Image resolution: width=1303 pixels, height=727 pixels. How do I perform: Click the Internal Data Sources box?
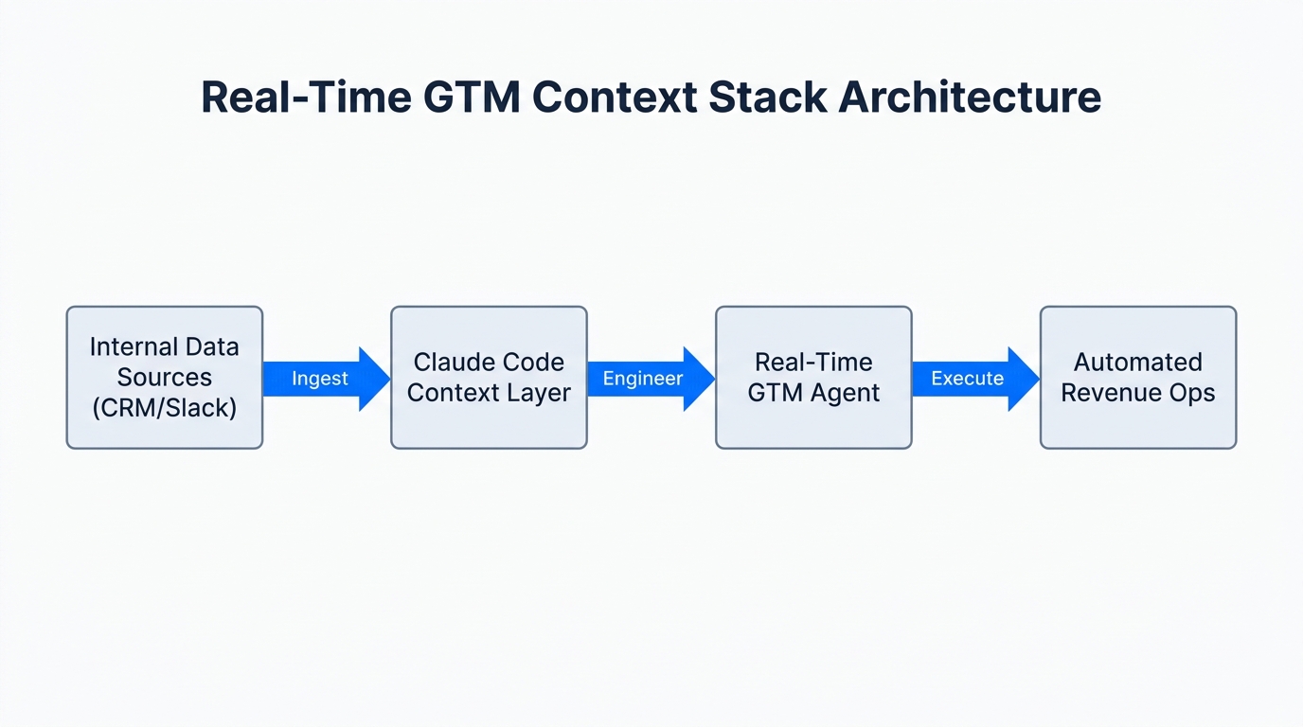coord(164,377)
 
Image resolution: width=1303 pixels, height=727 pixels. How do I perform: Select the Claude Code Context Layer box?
coord(489,377)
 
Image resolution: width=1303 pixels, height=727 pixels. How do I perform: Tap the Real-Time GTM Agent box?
coord(813,377)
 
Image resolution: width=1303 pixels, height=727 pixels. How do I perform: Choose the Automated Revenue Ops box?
coord(1137,377)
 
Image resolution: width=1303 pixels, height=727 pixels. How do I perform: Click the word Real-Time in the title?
coord(301,98)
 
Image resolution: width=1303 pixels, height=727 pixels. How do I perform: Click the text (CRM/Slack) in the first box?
coord(164,408)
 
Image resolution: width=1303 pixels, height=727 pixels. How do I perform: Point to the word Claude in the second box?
coord(450,362)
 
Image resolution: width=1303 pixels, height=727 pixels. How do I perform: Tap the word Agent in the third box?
coord(848,393)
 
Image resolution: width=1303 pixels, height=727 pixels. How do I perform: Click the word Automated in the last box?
coord(1137,362)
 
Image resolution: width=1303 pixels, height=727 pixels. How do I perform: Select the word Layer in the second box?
coord(539,393)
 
